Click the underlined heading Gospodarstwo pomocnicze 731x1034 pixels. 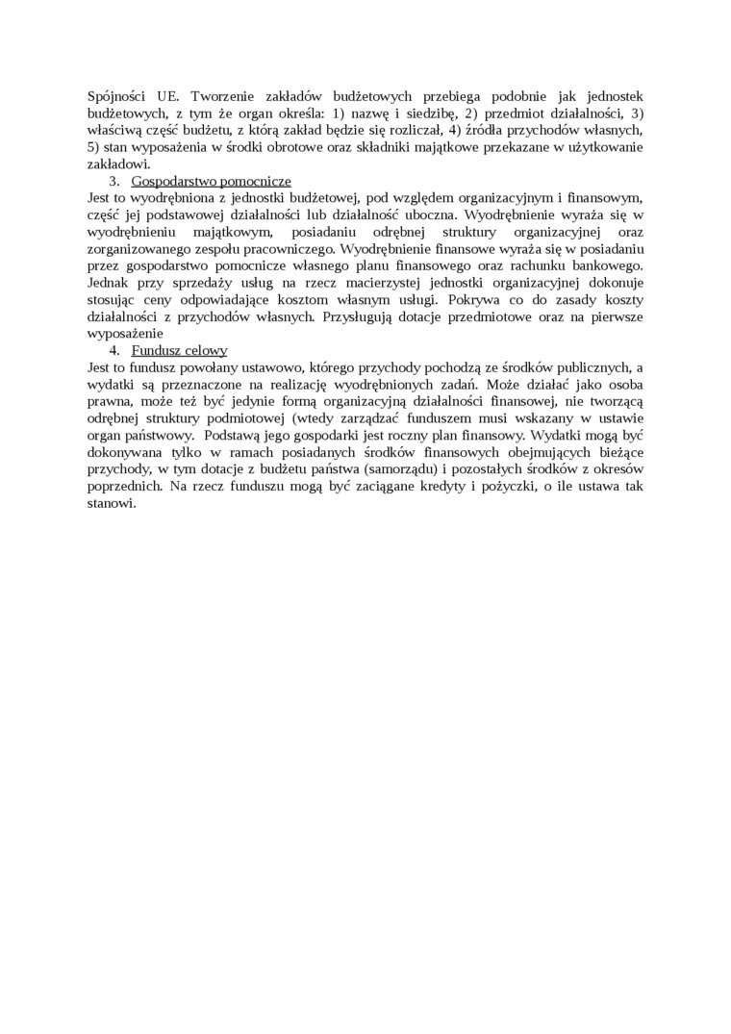tap(211, 181)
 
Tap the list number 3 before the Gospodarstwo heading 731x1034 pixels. tap(113, 181)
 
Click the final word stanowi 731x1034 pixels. tap(112, 503)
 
